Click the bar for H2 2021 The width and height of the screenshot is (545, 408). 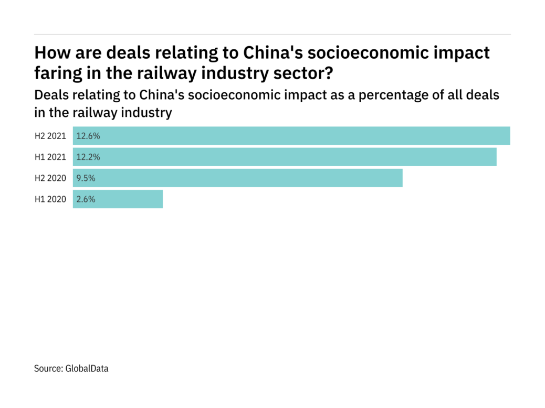tap(291, 136)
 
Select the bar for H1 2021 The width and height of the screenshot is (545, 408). tap(285, 157)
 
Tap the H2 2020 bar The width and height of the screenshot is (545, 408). tap(237, 178)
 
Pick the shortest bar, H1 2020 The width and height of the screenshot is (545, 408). tap(118, 199)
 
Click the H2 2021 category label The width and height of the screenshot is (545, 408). tap(50, 136)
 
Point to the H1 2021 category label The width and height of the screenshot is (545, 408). tap(50, 157)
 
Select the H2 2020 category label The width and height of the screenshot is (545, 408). tap(50, 178)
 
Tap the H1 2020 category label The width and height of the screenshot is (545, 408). tap(50, 199)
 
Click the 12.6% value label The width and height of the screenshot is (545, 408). tap(88, 136)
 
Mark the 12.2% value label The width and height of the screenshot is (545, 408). tap(88, 157)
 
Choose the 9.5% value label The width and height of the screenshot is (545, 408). tap(86, 178)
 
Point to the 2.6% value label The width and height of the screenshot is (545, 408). tap(86, 199)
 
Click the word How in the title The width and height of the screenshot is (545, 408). tap(51, 53)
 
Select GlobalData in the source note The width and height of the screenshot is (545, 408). tap(87, 369)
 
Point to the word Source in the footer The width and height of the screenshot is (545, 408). tap(48, 369)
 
